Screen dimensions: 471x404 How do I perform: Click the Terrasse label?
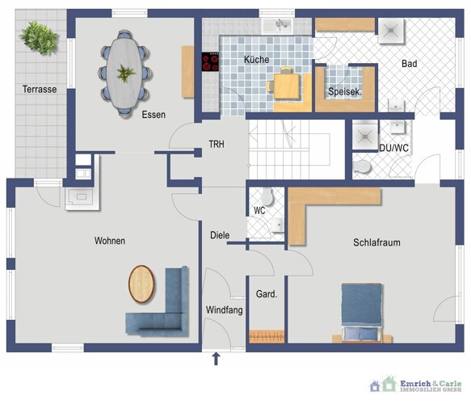tap(40, 89)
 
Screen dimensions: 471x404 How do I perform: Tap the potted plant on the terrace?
tap(39, 38)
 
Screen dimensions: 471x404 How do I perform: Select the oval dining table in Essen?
tap(124, 73)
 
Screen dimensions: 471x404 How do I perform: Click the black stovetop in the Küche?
tap(210, 61)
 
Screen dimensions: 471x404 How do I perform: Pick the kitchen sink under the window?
tap(277, 26)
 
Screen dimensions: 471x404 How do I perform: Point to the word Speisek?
tap(345, 91)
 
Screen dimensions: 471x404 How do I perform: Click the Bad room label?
tap(409, 64)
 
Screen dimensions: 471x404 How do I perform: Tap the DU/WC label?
tap(393, 148)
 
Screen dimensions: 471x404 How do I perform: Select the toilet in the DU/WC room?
tap(361, 166)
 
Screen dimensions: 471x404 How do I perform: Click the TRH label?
tap(217, 144)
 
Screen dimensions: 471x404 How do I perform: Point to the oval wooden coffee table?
tap(141, 284)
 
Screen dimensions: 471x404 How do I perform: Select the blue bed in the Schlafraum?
tap(362, 313)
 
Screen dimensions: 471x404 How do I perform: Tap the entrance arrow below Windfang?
tap(216, 359)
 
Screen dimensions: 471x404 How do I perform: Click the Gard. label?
tap(267, 294)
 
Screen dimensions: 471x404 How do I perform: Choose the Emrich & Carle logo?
tap(416, 385)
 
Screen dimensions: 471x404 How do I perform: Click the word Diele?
tap(220, 235)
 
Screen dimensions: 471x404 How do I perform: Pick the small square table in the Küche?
tap(287, 86)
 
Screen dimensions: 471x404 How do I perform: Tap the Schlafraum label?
tap(376, 242)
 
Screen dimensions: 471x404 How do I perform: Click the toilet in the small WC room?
tap(267, 196)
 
